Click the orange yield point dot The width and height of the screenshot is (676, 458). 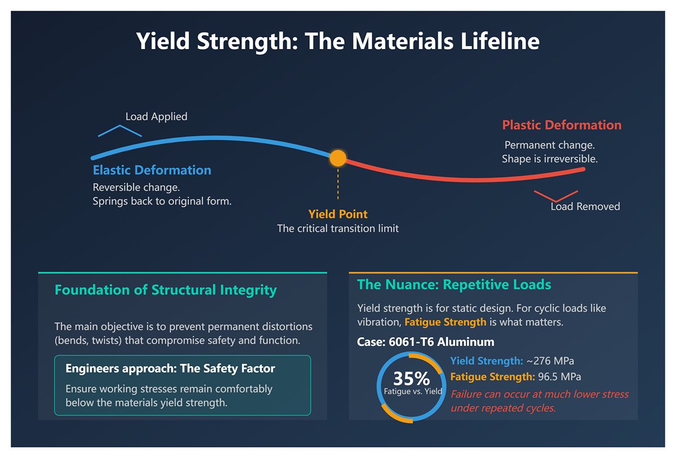pyautogui.click(x=337, y=158)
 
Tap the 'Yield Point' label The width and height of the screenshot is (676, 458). pyautogui.click(x=337, y=214)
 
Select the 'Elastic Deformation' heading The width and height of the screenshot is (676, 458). pyautogui.click(x=152, y=170)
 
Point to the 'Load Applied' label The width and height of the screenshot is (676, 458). pyautogui.click(x=156, y=117)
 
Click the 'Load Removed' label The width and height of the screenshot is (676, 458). pyautogui.click(x=585, y=207)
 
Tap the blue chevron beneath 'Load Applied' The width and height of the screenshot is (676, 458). pyautogui.click(x=119, y=131)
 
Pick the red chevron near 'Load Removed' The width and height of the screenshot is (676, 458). pyautogui.click(x=556, y=196)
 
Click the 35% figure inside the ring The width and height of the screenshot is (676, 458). pyautogui.click(x=411, y=378)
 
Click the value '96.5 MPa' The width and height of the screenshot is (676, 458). pyautogui.click(x=559, y=376)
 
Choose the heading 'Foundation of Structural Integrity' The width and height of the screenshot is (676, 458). pyautogui.click(x=166, y=290)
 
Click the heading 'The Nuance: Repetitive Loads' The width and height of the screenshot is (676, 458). pyautogui.click(x=454, y=284)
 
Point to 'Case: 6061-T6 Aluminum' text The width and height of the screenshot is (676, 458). pyautogui.click(x=425, y=342)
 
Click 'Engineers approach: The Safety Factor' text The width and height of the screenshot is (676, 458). pyautogui.click(x=170, y=369)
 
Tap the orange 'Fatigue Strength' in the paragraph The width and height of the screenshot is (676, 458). pyautogui.click(x=445, y=322)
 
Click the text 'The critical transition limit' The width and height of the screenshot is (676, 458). pyautogui.click(x=337, y=229)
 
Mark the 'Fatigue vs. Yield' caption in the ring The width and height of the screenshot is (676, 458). pyautogui.click(x=412, y=391)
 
